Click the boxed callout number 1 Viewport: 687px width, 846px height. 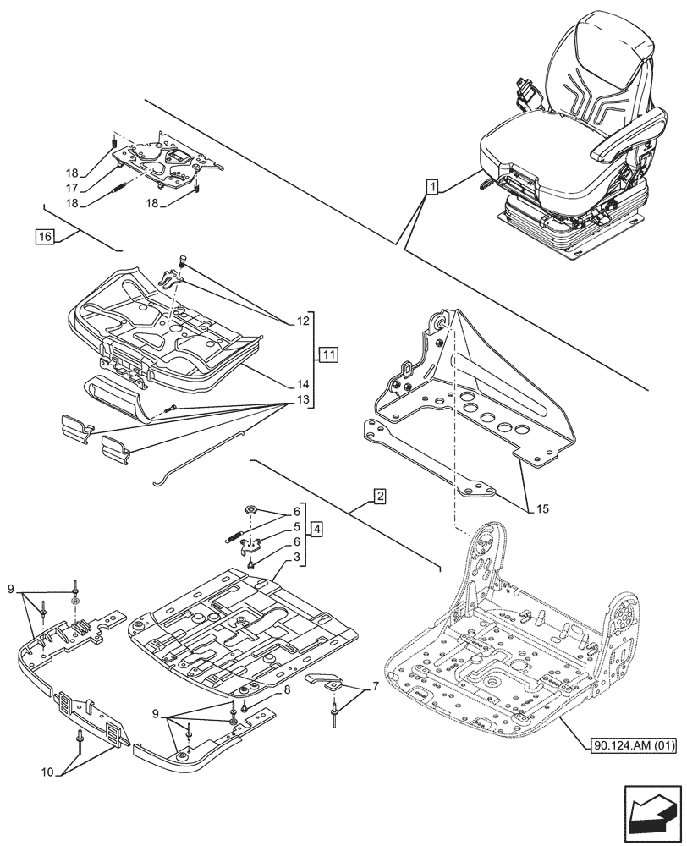coord(431,186)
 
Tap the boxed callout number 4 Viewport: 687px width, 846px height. coord(316,530)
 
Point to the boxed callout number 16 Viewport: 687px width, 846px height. coord(45,236)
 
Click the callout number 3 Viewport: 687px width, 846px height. coord(297,559)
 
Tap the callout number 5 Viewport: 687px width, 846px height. coord(297,525)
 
